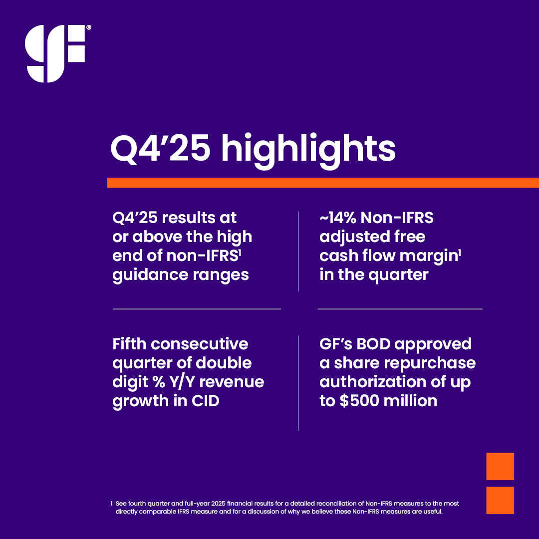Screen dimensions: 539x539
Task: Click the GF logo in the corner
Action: click(x=55, y=53)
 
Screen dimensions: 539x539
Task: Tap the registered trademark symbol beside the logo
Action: click(x=89, y=28)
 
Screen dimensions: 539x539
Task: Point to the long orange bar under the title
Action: click(x=323, y=183)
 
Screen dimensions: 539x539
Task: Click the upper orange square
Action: click(x=500, y=466)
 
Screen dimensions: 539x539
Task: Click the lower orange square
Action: click(x=500, y=500)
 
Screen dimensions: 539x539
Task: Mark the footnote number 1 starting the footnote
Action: click(x=111, y=504)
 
